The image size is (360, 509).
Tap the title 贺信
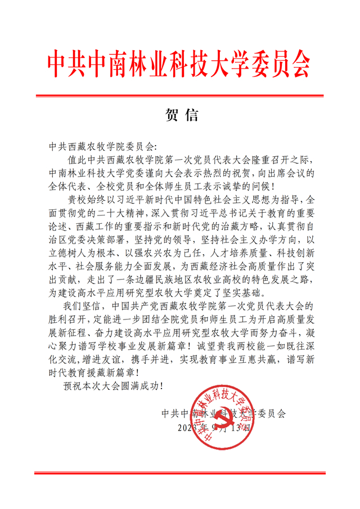180,115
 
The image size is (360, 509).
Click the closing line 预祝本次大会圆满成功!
113,386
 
